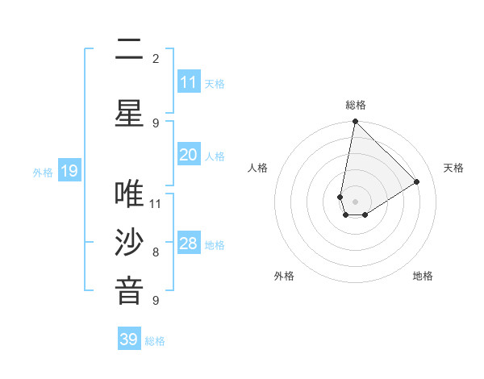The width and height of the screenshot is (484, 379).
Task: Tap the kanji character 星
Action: [129, 114]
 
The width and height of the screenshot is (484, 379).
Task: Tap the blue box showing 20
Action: [188, 155]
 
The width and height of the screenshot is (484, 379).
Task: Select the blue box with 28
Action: [188, 244]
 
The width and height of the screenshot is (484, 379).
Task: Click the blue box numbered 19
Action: [69, 171]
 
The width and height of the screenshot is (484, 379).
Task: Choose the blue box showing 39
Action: [129, 339]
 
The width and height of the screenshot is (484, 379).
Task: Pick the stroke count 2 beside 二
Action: [156, 58]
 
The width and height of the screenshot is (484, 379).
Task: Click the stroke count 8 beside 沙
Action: [156, 252]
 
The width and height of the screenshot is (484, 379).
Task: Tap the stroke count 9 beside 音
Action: [156, 301]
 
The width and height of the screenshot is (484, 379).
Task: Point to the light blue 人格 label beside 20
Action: [215, 156]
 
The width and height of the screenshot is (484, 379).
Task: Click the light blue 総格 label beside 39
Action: [155, 341]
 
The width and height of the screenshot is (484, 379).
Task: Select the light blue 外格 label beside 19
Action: [43, 172]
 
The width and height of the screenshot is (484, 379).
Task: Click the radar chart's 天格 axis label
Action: [453, 168]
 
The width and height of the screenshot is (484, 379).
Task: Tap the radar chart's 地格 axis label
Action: [423, 276]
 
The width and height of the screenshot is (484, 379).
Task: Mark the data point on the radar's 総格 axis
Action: [355, 122]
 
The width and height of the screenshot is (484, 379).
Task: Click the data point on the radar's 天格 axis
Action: [417, 181]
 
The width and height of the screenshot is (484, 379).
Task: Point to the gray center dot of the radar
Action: [355, 202]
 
